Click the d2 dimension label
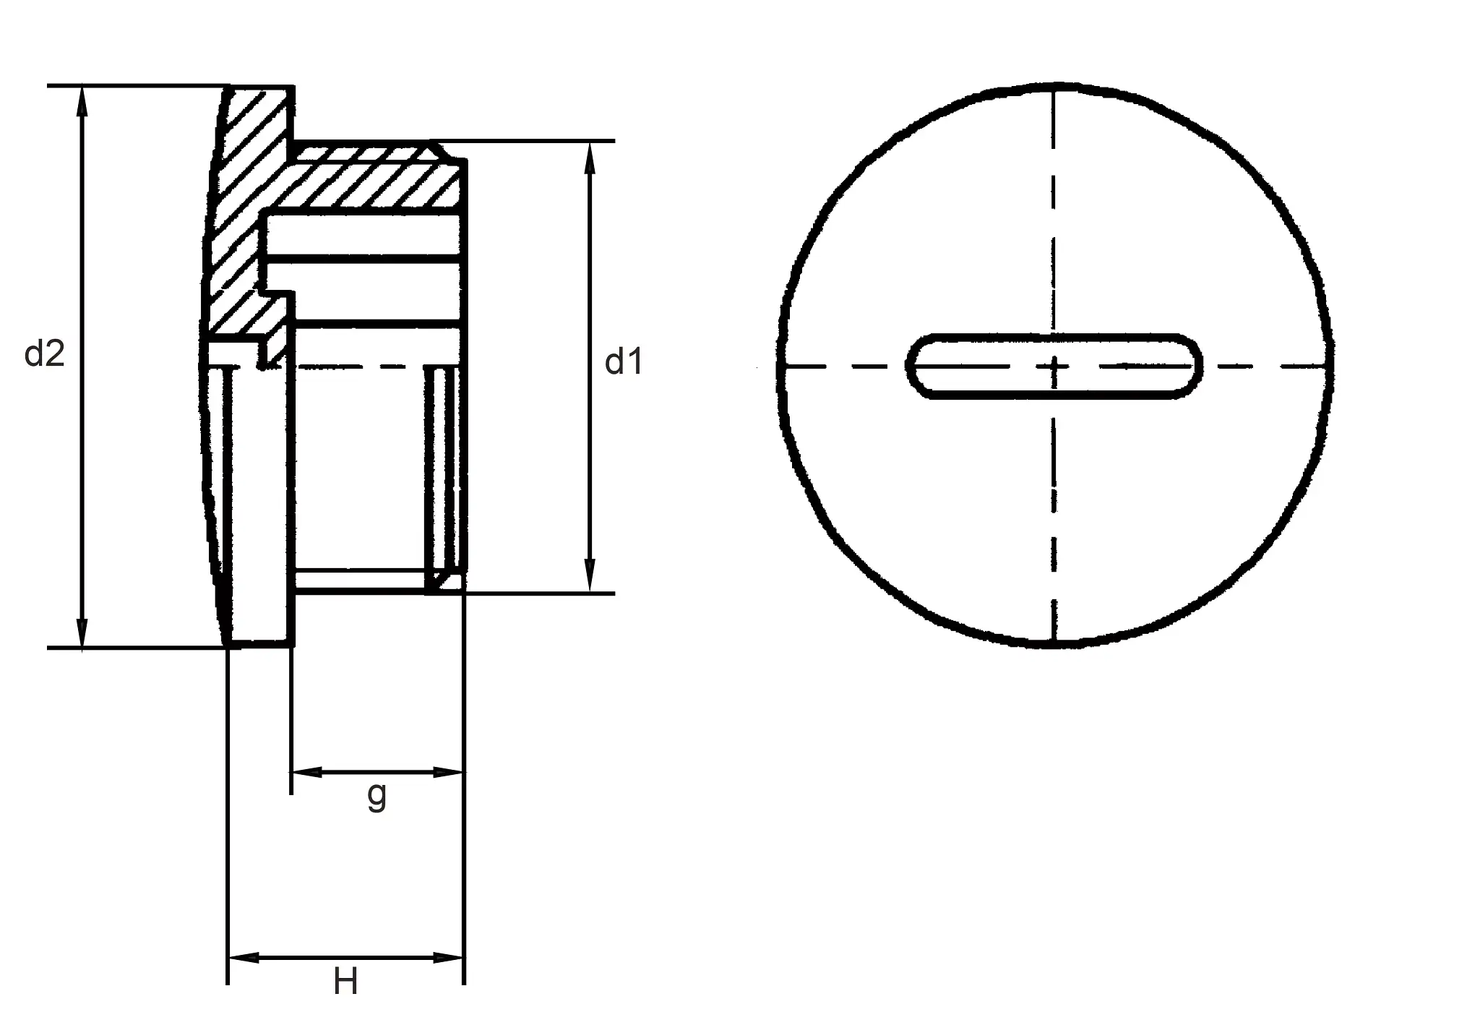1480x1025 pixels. coord(45,353)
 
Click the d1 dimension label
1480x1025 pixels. coord(623,361)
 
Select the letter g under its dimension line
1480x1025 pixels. coord(377,795)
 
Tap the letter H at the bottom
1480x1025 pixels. coord(345,982)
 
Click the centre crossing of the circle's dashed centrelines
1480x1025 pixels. coord(1054,366)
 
